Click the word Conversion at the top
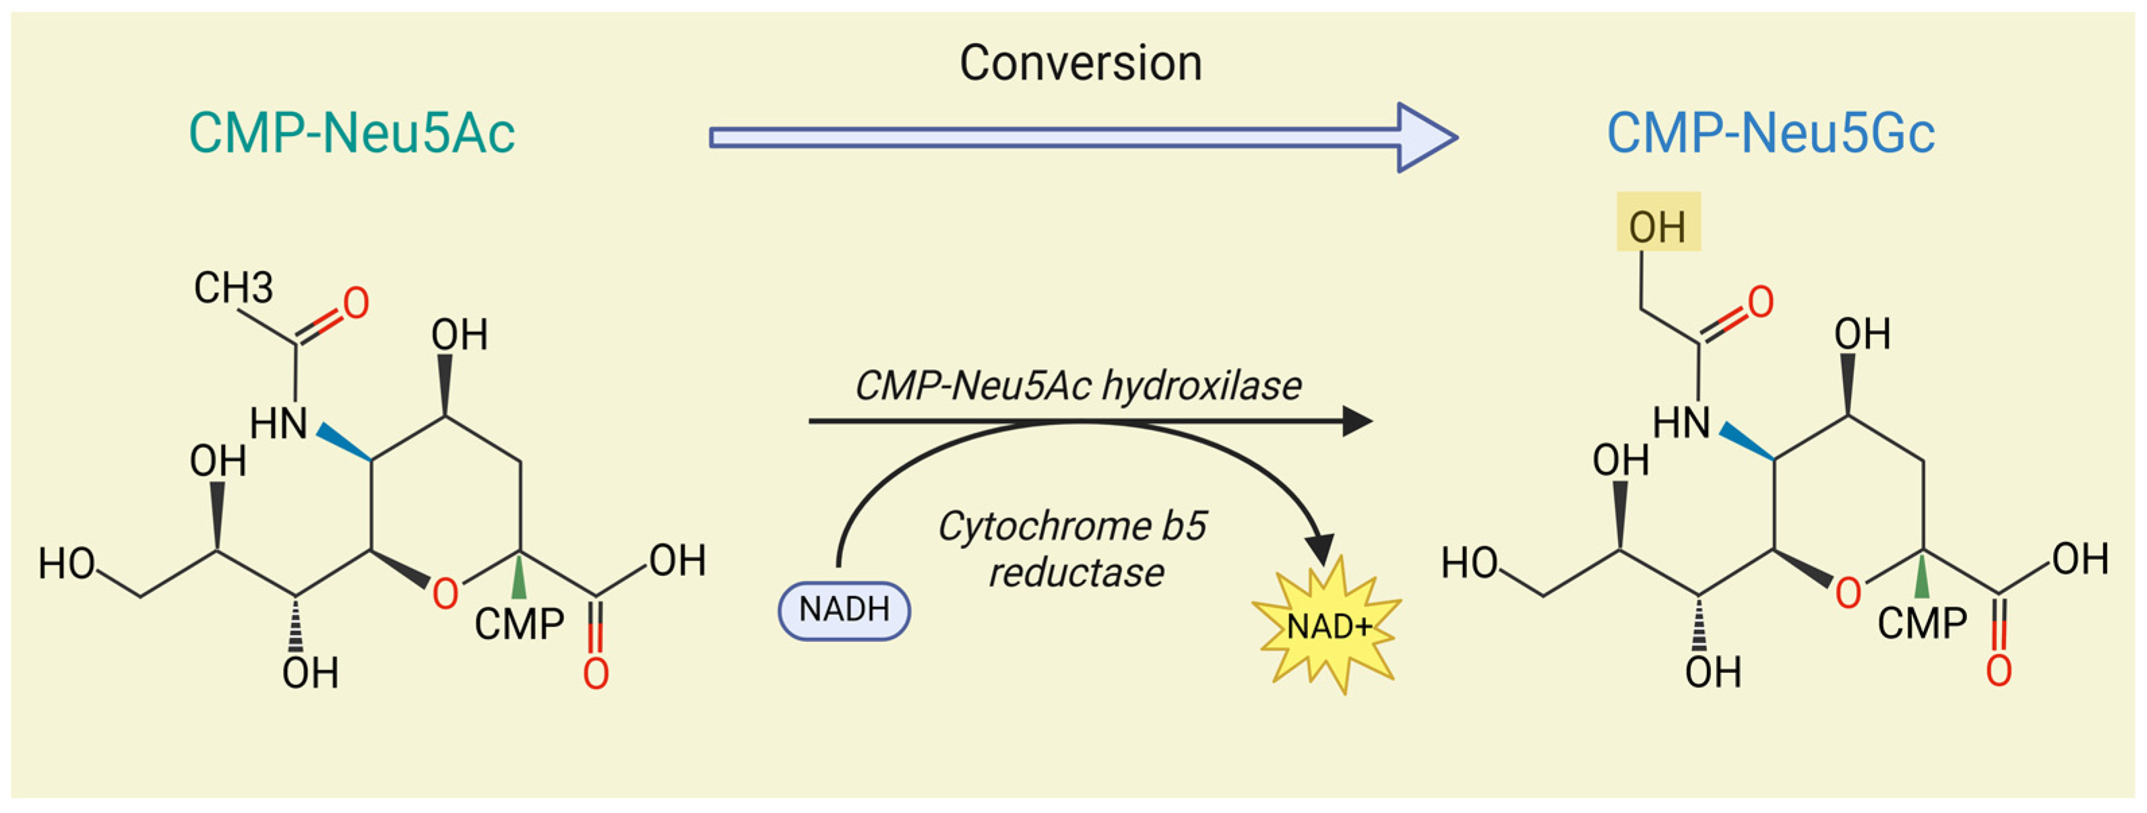[1080, 63]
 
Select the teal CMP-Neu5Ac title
[352, 133]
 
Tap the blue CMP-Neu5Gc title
[1770, 133]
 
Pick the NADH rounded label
[844, 610]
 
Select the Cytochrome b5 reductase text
[1073, 550]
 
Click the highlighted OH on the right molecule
[1657, 226]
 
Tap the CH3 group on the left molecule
[232, 288]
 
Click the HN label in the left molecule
[278, 424]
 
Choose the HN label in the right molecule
[1681, 423]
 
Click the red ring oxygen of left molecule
[445, 594]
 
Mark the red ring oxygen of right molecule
[1848, 593]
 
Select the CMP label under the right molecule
[1922, 623]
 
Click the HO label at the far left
[67, 564]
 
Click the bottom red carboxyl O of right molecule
[1999, 672]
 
